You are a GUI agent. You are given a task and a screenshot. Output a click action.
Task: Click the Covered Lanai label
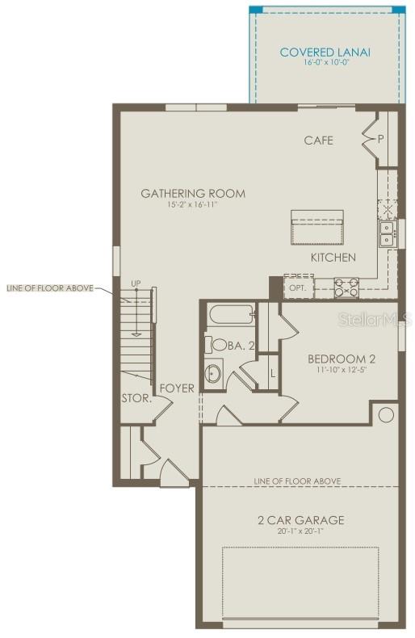click(x=325, y=52)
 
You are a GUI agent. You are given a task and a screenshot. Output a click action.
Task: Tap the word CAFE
click(x=318, y=141)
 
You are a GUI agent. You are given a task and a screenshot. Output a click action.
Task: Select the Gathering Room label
click(x=193, y=194)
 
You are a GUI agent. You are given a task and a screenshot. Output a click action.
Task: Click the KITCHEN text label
click(x=333, y=258)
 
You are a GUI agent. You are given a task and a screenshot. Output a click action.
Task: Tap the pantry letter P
click(x=379, y=138)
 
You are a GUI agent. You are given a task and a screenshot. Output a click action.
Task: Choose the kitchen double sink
click(x=388, y=234)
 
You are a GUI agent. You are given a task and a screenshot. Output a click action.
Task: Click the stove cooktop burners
click(x=347, y=287)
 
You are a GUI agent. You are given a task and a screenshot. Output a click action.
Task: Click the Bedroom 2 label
click(x=341, y=359)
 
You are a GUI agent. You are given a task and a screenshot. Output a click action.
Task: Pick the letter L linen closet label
click(x=272, y=373)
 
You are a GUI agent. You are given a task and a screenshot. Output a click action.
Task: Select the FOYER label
click(x=177, y=388)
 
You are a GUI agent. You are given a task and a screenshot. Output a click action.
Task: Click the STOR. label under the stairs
click(x=136, y=398)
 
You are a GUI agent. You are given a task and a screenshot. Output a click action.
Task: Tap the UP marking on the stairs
click(x=136, y=283)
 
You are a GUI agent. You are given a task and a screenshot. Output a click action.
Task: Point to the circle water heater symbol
click(x=385, y=415)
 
